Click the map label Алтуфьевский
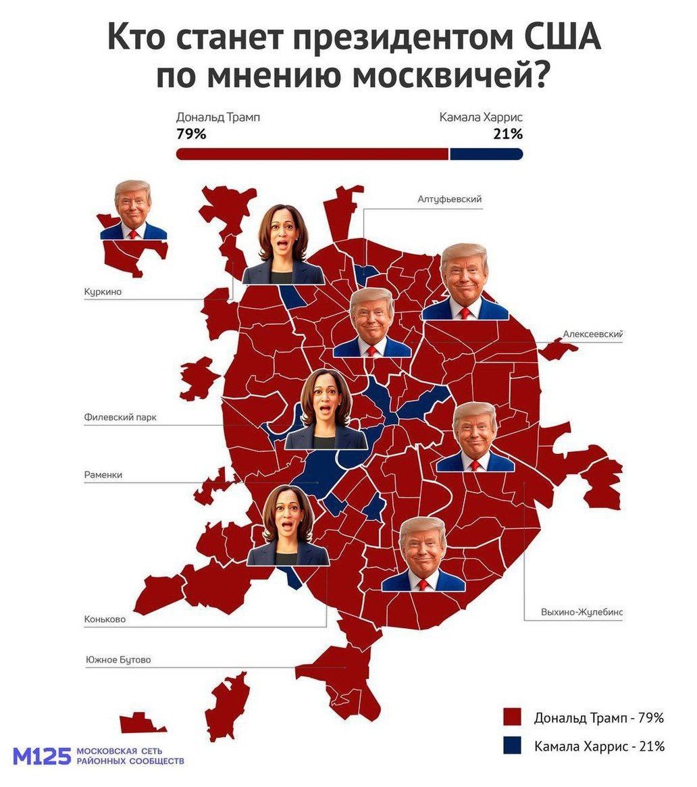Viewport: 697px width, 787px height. (x=450, y=199)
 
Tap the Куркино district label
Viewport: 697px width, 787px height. (x=103, y=291)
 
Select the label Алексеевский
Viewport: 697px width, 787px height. (x=592, y=334)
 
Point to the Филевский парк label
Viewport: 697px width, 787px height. (x=120, y=417)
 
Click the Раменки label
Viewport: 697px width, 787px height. (x=103, y=475)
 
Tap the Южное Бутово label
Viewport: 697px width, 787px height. (x=118, y=659)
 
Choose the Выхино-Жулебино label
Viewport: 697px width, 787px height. (x=581, y=612)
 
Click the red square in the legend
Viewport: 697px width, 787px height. (x=513, y=717)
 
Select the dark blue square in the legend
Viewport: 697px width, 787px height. (x=513, y=745)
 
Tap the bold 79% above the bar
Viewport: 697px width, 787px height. (x=191, y=134)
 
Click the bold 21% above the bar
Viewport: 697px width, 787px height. (x=508, y=134)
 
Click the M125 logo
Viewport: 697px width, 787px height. (x=42, y=756)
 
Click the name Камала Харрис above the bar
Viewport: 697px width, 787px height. (x=481, y=117)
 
